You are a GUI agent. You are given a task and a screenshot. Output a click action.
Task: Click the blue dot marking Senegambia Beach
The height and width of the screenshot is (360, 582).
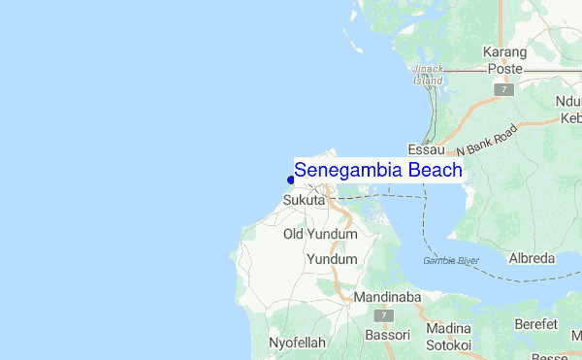(291, 179)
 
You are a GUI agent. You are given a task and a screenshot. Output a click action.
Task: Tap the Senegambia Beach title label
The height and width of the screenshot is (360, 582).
(378, 170)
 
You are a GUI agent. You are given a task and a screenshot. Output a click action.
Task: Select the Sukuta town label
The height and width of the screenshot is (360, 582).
(304, 200)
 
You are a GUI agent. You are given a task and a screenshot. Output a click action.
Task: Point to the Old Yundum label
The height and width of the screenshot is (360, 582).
(320, 234)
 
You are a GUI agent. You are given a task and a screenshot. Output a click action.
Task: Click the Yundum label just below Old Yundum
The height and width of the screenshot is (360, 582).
(332, 259)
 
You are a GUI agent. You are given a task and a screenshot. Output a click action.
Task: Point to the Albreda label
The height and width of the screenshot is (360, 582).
(532, 259)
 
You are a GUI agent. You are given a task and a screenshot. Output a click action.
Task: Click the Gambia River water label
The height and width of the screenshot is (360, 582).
(451, 260)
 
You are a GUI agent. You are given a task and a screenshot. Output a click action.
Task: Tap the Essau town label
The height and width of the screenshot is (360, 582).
(426, 150)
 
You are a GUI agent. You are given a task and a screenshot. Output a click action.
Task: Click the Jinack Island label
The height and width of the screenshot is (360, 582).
(427, 75)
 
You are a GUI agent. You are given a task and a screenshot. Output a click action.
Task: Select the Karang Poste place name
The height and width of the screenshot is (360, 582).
(505, 60)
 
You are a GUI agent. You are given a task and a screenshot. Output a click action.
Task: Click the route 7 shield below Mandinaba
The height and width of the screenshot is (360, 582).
(385, 316)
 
